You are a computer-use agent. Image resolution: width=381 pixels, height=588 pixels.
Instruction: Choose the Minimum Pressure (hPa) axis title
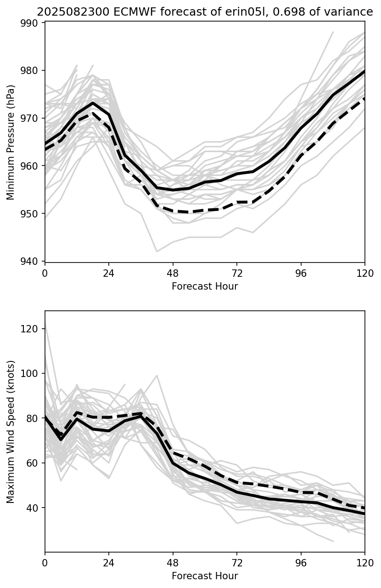pos(11,142)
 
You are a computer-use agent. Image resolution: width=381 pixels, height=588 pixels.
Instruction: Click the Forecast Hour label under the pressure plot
pos(205,286)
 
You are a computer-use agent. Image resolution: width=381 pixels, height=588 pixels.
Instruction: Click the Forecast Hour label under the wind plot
pos(205,576)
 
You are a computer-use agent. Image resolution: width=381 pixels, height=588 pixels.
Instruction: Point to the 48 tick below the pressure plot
pos(173,273)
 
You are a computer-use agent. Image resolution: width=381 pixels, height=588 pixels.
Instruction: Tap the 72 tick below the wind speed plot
pos(237,563)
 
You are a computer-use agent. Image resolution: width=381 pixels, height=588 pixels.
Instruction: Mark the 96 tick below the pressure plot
pos(301,273)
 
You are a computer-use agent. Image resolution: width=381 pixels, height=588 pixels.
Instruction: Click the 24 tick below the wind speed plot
pos(109,563)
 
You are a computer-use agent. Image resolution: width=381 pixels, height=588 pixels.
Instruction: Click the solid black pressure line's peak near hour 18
pos(93,103)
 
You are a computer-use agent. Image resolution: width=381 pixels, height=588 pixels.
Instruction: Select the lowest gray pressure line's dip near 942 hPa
pos(157,251)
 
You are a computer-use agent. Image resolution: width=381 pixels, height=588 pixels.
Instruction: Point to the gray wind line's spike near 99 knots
pos(157,375)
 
